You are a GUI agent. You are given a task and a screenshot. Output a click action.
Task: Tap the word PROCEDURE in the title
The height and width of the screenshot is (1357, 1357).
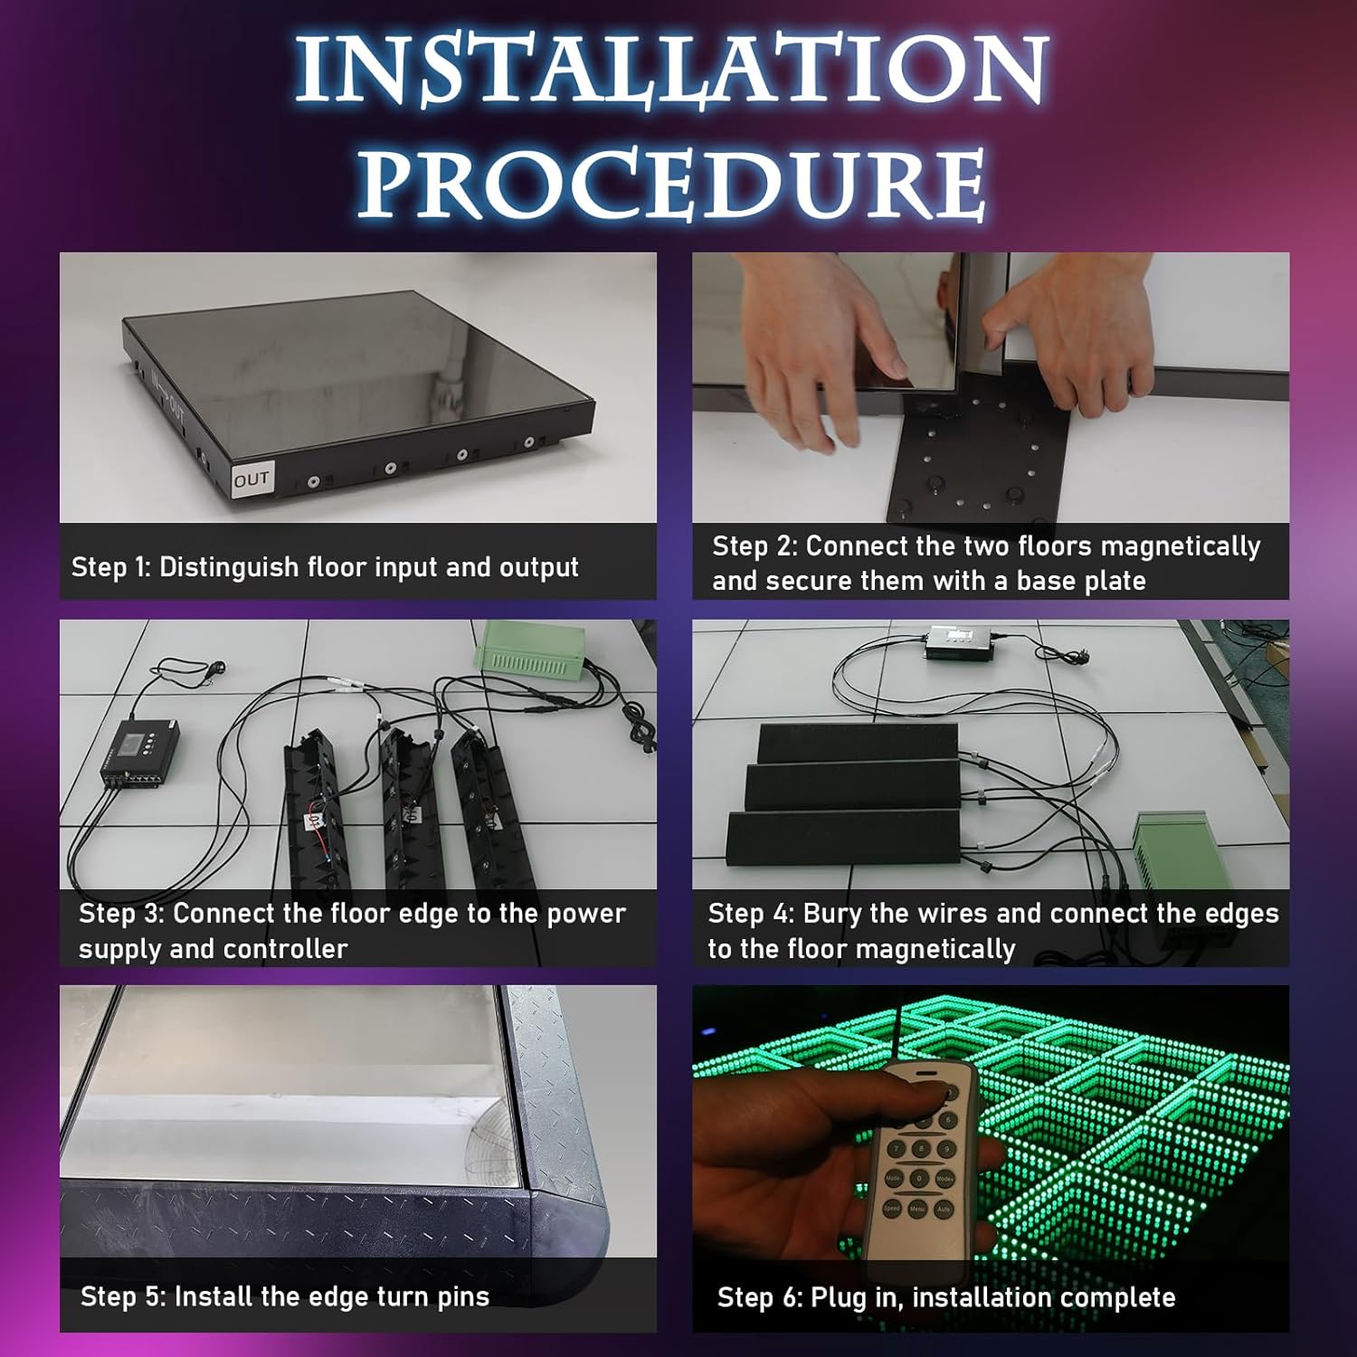click(x=671, y=184)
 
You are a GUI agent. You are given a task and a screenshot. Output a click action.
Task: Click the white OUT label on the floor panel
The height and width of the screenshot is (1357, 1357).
click(x=251, y=479)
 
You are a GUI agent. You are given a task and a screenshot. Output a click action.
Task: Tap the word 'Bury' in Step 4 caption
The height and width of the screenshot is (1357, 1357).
click(x=832, y=915)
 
